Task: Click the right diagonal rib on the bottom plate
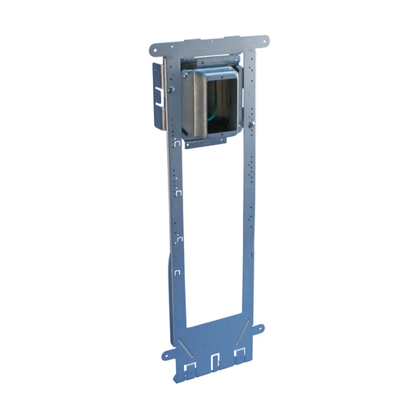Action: [242, 328]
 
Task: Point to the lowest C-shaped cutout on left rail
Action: [179, 270]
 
